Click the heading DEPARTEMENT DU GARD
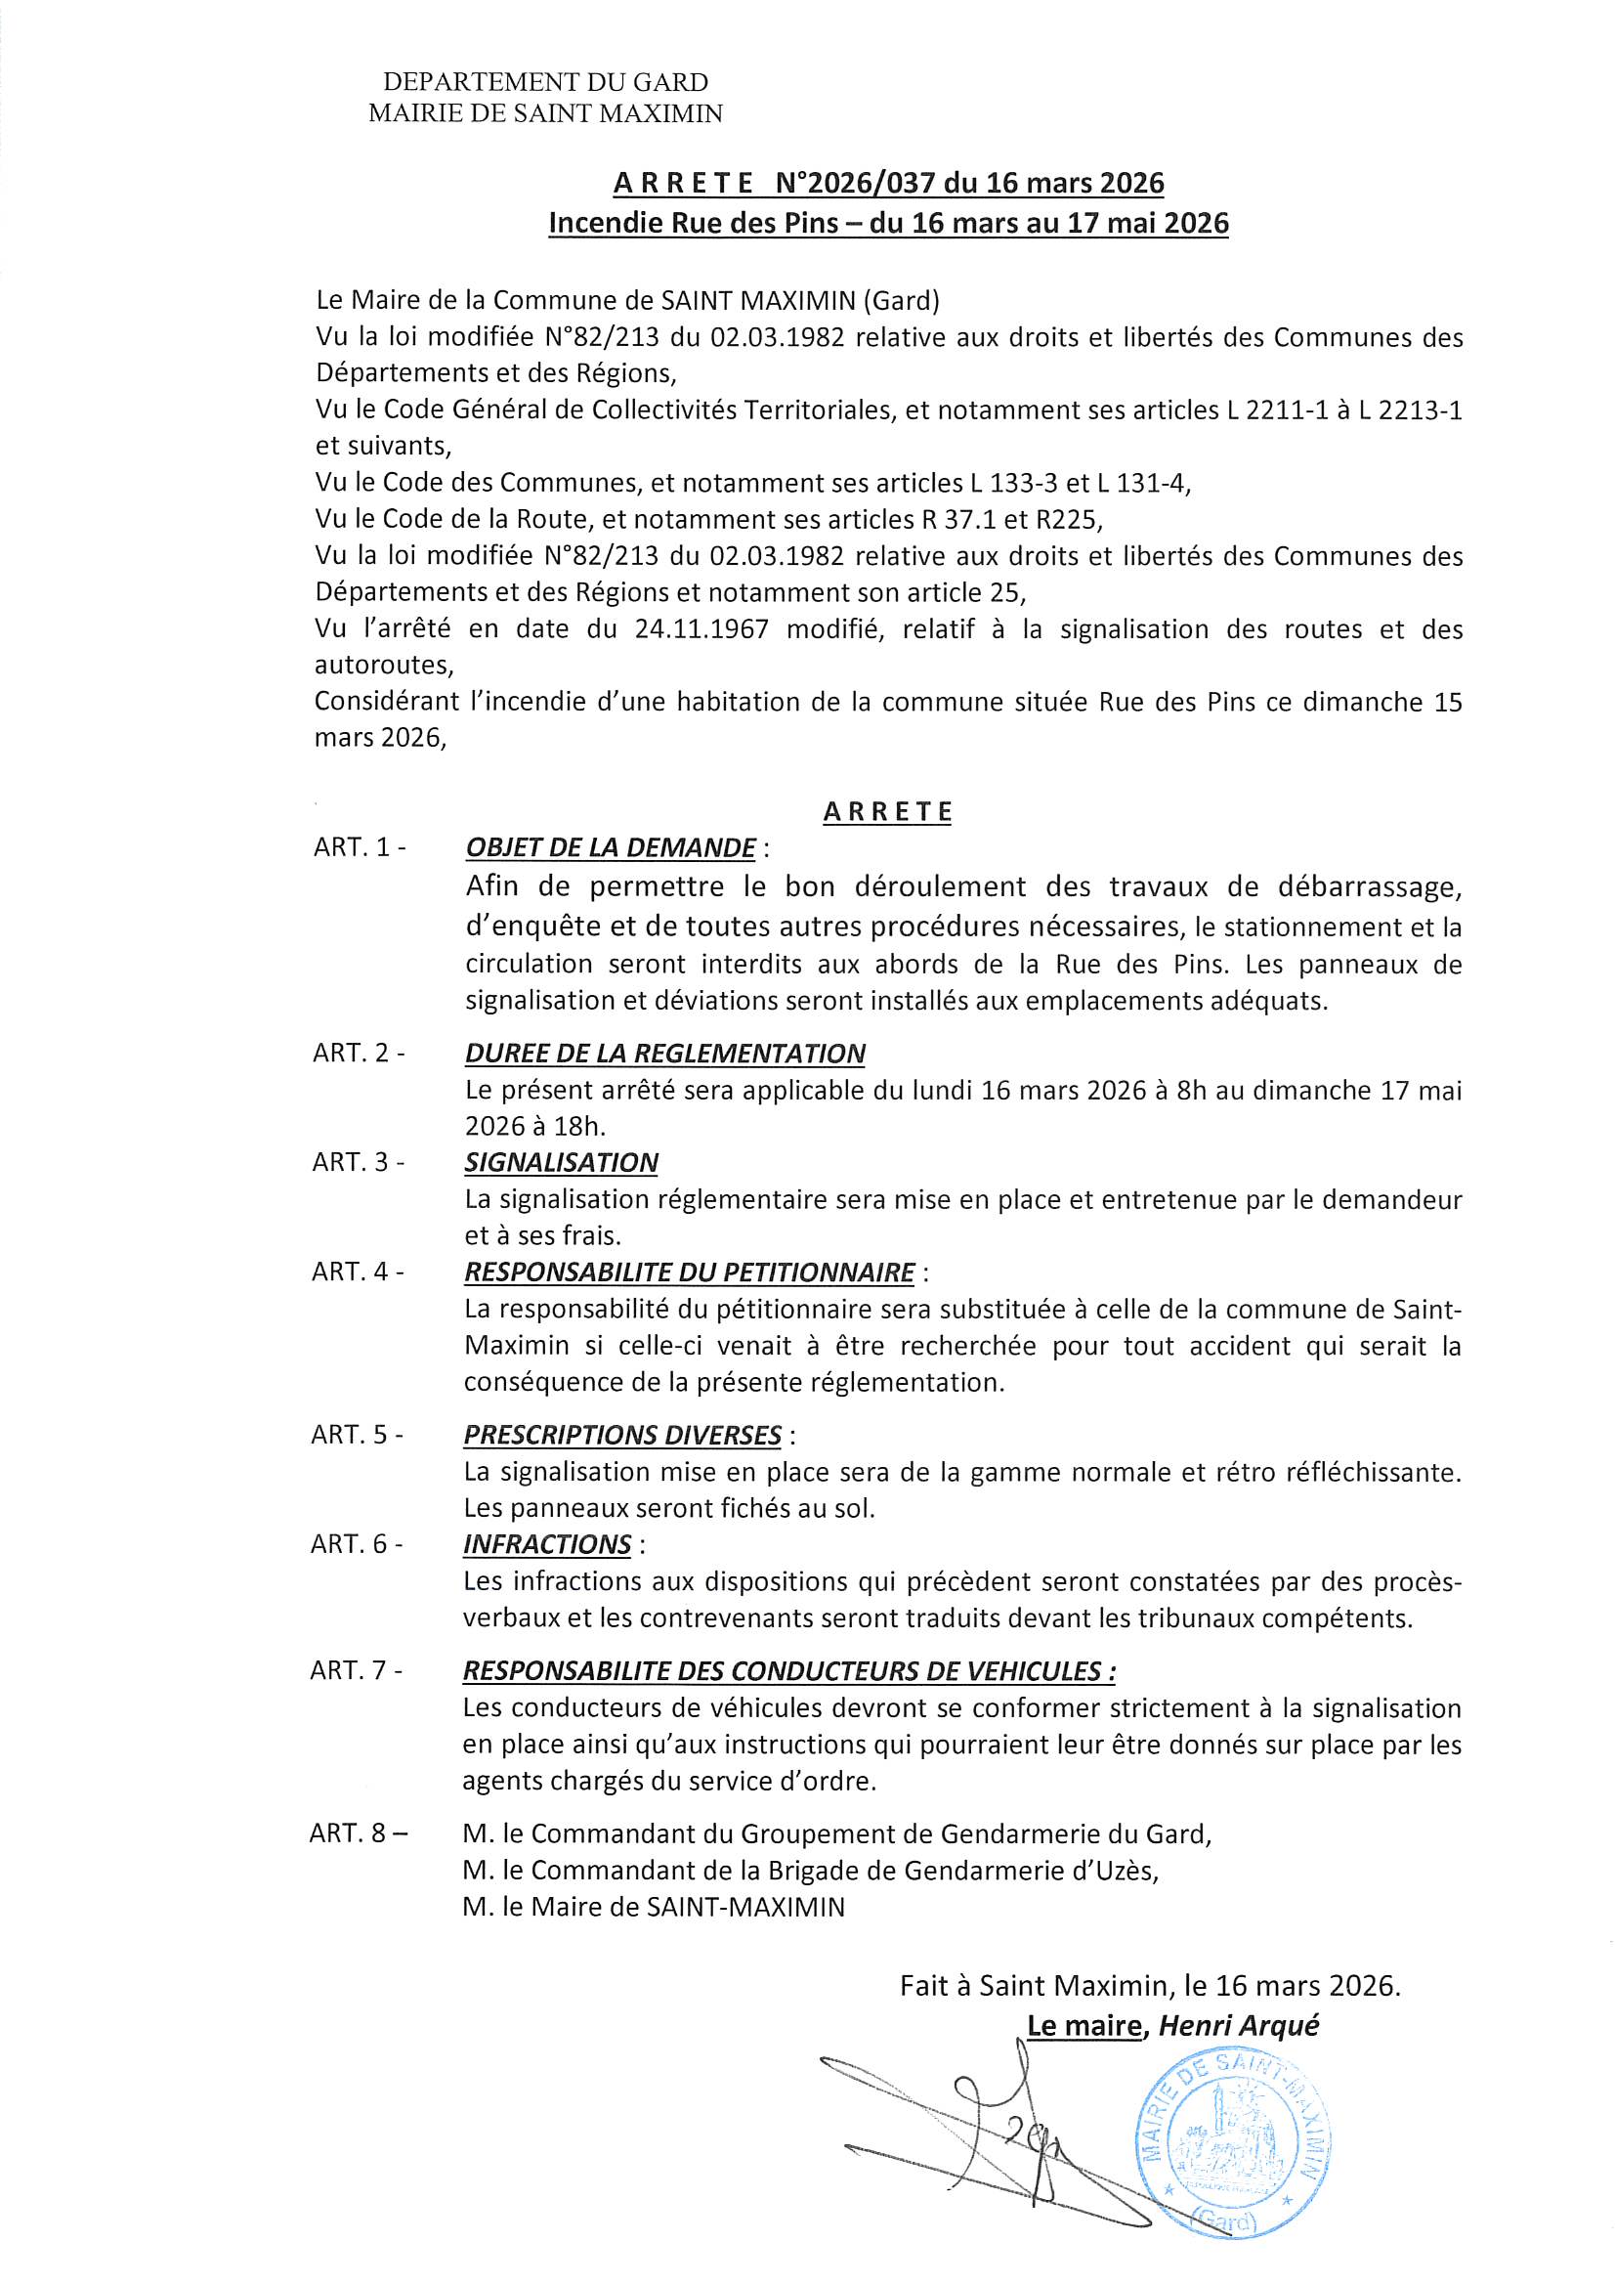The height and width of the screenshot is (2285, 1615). [x=545, y=83]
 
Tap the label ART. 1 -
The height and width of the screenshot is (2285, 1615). [x=360, y=848]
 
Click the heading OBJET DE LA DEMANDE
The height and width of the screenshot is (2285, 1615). [x=610, y=848]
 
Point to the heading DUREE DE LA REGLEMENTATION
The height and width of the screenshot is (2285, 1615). [x=664, y=1054]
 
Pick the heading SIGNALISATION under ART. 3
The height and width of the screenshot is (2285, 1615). [x=561, y=1162]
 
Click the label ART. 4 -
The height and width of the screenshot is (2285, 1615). [x=358, y=1272]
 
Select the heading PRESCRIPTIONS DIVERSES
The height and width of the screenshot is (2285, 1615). [x=622, y=1435]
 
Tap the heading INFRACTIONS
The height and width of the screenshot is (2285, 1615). [x=546, y=1544]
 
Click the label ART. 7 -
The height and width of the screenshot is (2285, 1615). [x=357, y=1671]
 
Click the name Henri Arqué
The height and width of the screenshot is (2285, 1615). [x=1239, y=2025]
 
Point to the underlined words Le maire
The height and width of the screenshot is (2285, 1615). [x=1084, y=2025]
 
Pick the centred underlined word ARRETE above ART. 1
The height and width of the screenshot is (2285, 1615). [x=887, y=812]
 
